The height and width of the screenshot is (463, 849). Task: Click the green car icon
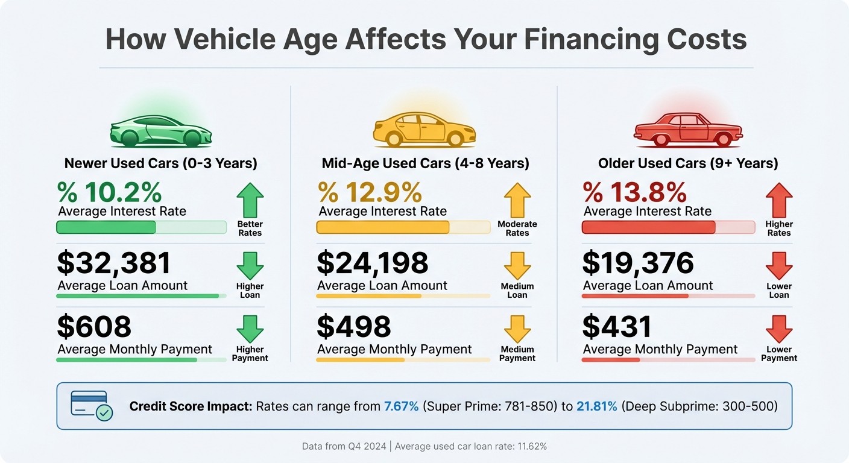click(160, 130)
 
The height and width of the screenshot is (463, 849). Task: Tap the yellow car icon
click(424, 129)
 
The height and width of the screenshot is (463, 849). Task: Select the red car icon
click(688, 130)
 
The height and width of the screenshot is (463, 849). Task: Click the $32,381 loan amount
click(114, 263)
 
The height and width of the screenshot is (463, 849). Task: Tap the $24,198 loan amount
click(373, 263)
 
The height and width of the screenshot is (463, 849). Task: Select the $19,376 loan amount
click(638, 263)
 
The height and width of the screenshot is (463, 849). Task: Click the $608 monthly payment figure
click(94, 327)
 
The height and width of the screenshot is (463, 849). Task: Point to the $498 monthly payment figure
click(354, 327)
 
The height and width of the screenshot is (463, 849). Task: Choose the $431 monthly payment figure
click(617, 327)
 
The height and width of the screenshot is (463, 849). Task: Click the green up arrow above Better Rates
click(250, 200)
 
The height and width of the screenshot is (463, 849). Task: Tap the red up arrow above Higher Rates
click(778, 200)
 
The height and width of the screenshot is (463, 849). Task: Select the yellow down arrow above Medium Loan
click(517, 266)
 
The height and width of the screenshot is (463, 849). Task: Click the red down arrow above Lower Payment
click(778, 329)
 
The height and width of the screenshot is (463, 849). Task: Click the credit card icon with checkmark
click(91, 406)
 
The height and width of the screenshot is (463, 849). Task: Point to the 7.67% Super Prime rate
click(401, 406)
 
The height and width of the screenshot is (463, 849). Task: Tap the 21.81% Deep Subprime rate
click(597, 406)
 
